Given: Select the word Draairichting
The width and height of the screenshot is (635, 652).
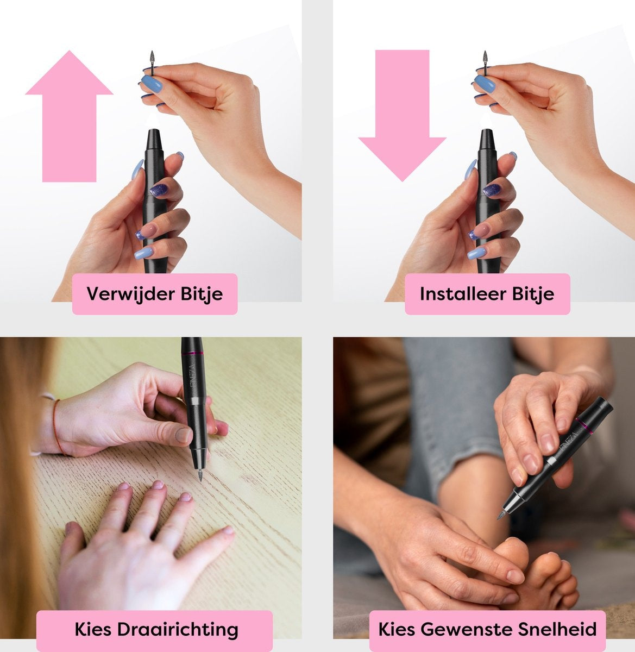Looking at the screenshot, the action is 178,629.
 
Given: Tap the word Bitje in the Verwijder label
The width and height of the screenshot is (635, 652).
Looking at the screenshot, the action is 202,294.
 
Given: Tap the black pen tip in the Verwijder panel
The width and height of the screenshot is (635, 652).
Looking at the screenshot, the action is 154,139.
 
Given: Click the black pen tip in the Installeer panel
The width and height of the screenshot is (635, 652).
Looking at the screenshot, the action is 487,139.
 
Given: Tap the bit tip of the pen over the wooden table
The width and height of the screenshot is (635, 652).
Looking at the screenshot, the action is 200,475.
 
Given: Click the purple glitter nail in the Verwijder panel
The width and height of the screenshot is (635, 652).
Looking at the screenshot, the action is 159,190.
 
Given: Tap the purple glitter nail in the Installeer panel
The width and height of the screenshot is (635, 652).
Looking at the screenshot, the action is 492,190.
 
